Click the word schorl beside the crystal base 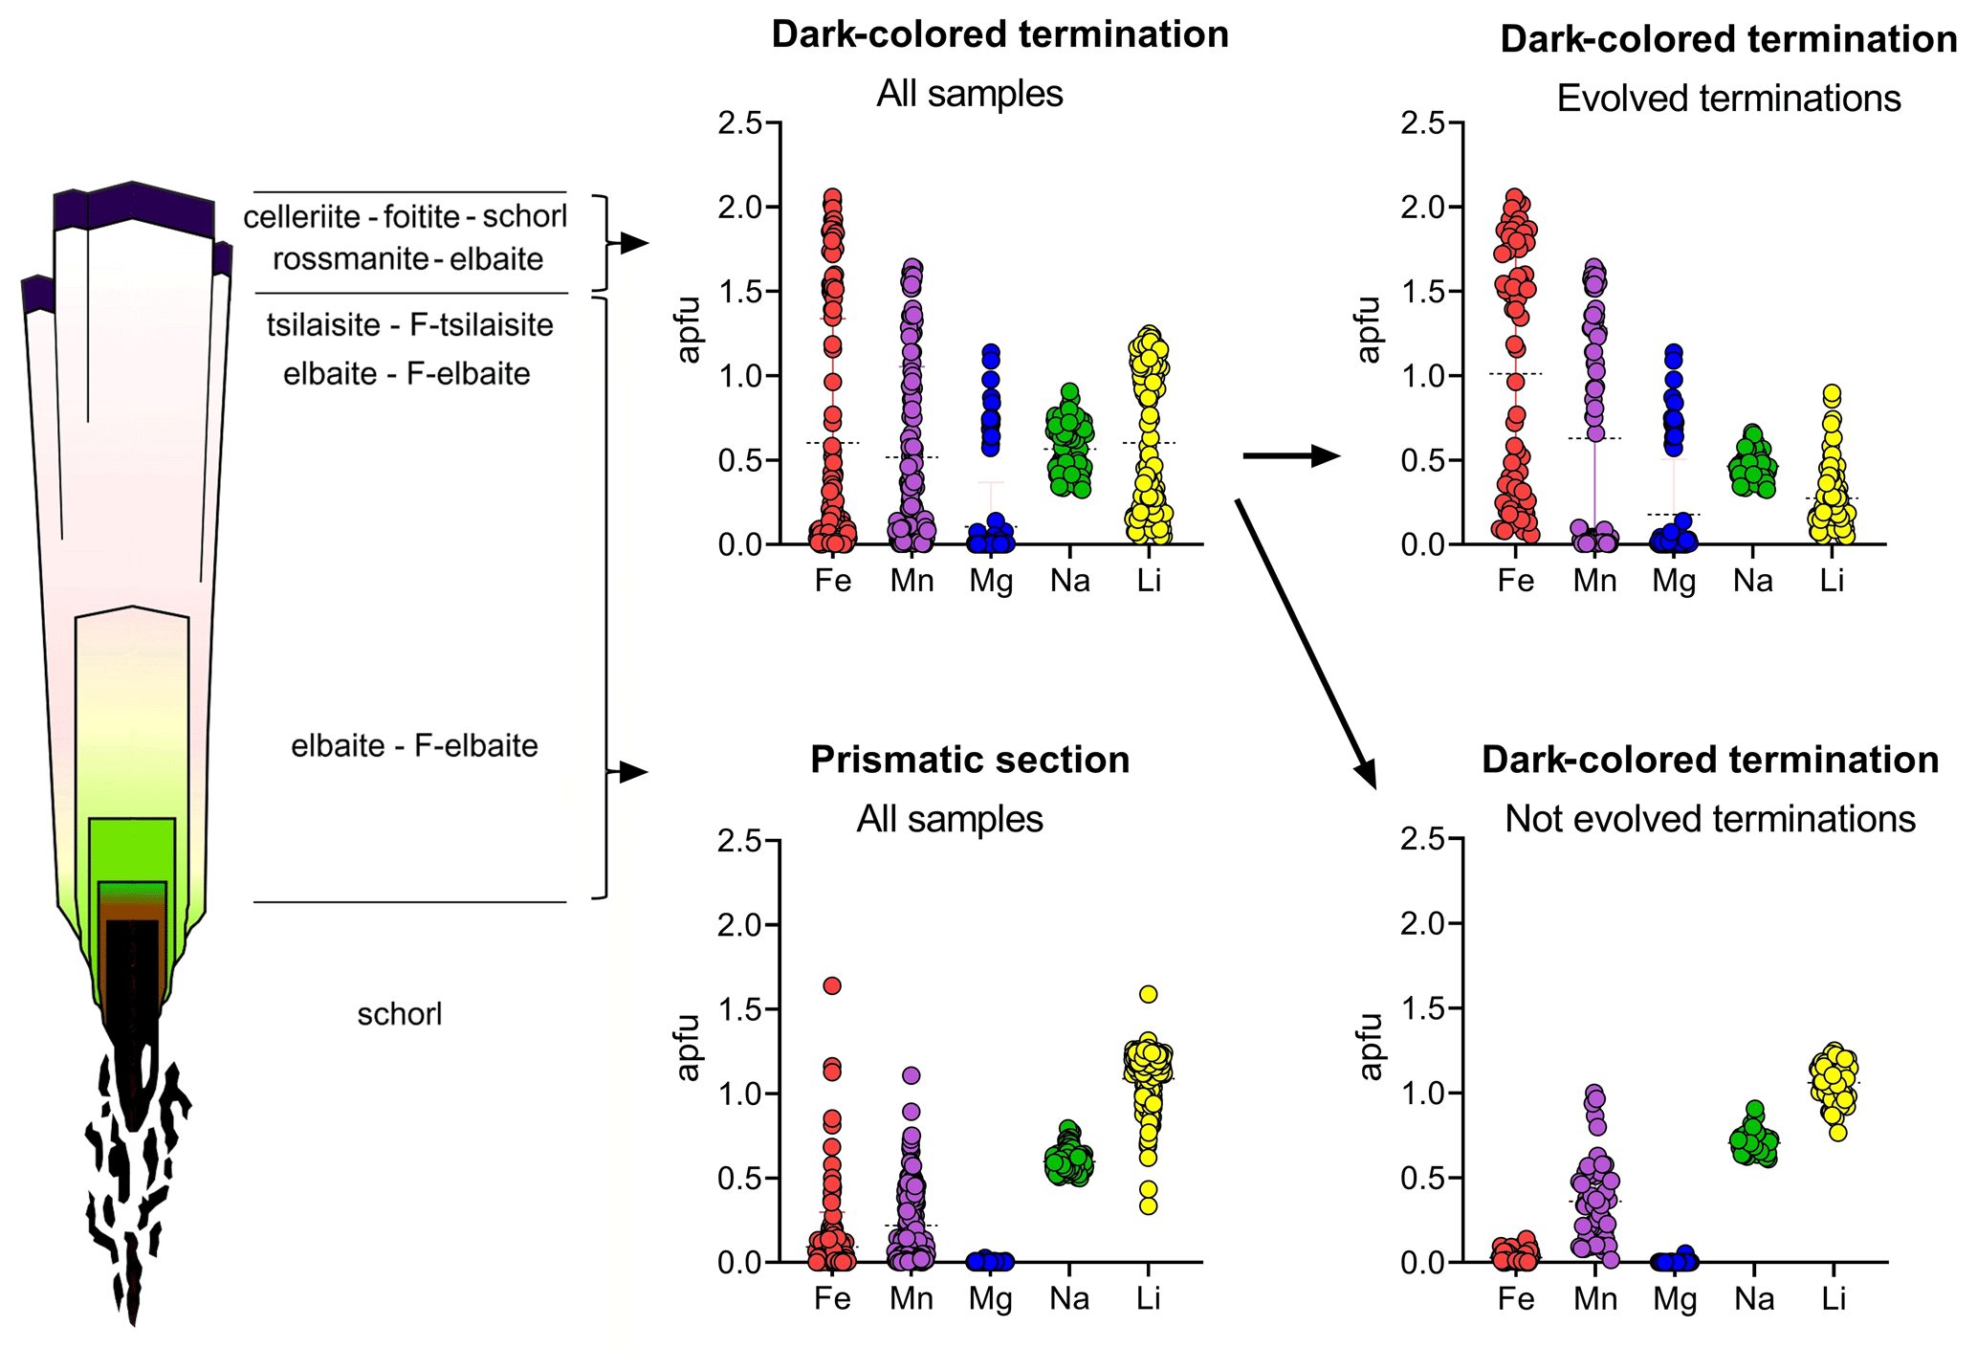pos(400,1014)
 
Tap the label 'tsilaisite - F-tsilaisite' pos(409,325)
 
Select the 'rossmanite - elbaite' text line pos(407,259)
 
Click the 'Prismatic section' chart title pos(970,760)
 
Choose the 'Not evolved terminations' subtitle pos(1710,819)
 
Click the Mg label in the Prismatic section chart pos(990,1298)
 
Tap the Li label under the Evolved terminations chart pos(1831,581)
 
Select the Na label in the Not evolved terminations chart pos(1753,1298)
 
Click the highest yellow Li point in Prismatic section pos(1149,994)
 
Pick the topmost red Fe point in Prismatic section pos(832,985)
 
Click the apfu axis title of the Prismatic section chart pos(689,1048)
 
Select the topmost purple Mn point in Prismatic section pos(912,1075)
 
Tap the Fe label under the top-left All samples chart pos(832,581)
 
